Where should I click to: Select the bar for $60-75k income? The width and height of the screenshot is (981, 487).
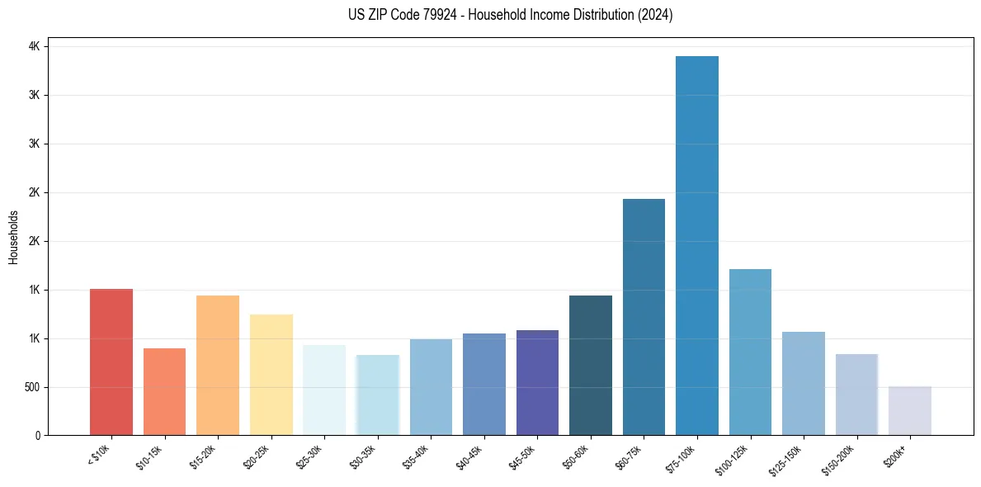(x=644, y=317)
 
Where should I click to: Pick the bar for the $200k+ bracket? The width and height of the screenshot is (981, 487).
(x=910, y=411)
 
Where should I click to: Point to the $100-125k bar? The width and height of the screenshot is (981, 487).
(x=750, y=352)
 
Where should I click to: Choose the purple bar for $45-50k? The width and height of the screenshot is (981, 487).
(x=537, y=382)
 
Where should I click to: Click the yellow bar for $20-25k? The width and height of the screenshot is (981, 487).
(x=271, y=375)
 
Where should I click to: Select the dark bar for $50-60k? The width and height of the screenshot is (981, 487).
(x=591, y=365)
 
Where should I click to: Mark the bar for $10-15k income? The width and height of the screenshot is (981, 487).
(x=164, y=391)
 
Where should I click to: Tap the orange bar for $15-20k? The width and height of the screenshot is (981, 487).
(x=218, y=365)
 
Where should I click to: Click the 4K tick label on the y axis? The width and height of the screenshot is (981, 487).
(x=34, y=47)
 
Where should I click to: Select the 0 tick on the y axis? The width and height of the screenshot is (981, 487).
(x=37, y=436)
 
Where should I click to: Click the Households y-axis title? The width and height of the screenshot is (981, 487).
(x=13, y=237)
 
